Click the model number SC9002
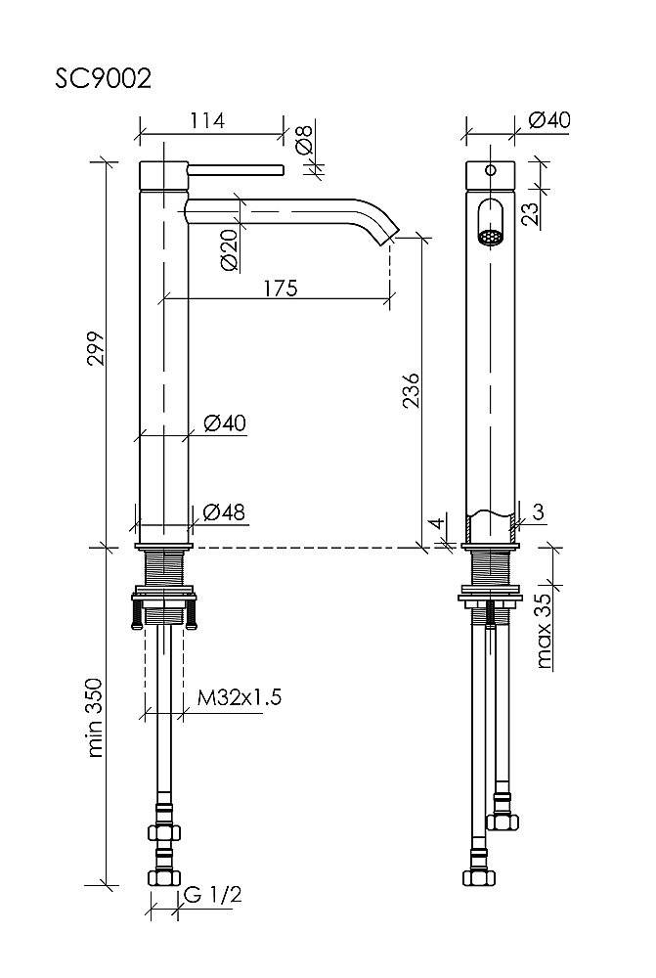pos(103,79)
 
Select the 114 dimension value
pos(207,120)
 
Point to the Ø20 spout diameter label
pos(230,249)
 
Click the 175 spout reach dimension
pos(281,289)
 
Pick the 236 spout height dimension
pos(411,390)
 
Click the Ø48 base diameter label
pos(225,512)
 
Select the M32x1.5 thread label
pos(240,696)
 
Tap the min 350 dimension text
pos(96,717)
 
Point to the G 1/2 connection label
pos(213,895)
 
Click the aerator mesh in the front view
pos(491,237)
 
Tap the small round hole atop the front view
pos(491,169)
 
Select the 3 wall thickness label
pos(539,511)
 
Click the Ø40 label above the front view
pos(549,119)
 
